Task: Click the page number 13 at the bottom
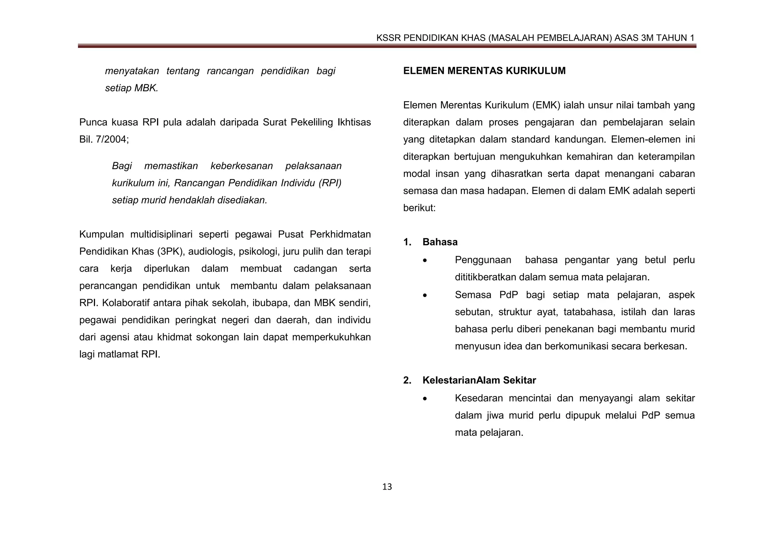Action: tap(387, 487)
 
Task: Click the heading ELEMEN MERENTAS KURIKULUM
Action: tap(484, 71)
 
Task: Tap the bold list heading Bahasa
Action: tap(440, 242)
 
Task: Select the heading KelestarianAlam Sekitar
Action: tap(479, 380)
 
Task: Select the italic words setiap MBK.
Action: tap(132, 88)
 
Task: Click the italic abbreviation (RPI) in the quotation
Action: tap(330, 183)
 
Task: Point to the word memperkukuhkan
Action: tap(331, 337)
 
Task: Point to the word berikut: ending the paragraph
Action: tap(419, 208)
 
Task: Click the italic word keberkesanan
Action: tap(242, 166)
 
